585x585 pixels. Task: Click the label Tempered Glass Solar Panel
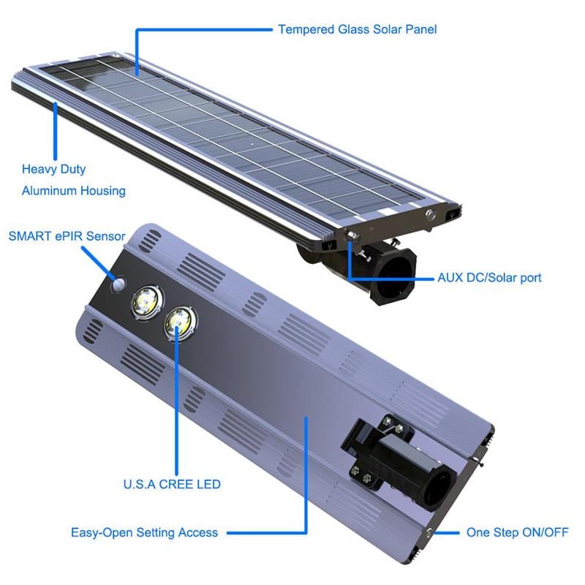[x=358, y=30]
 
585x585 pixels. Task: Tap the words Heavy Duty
[x=53, y=169]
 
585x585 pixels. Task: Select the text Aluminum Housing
[x=73, y=191]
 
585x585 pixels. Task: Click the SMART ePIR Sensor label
[x=67, y=236]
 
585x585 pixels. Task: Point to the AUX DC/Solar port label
[x=489, y=278]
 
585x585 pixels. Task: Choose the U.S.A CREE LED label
[x=172, y=484]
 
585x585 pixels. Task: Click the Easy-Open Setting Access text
[x=144, y=532]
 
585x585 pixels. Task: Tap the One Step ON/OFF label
[x=517, y=532]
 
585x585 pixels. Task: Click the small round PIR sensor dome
[x=118, y=283]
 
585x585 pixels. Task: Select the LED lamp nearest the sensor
[x=145, y=301]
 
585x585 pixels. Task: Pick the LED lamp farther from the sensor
[x=179, y=322]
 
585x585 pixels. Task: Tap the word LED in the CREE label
[x=208, y=484]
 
